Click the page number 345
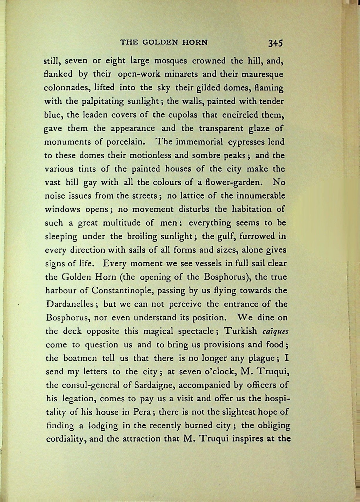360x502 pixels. point(275,43)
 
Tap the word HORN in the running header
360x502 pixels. point(195,42)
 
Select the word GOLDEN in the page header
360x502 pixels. point(160,42)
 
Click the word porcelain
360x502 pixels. point(126,142)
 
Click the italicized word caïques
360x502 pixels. point(275,331)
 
